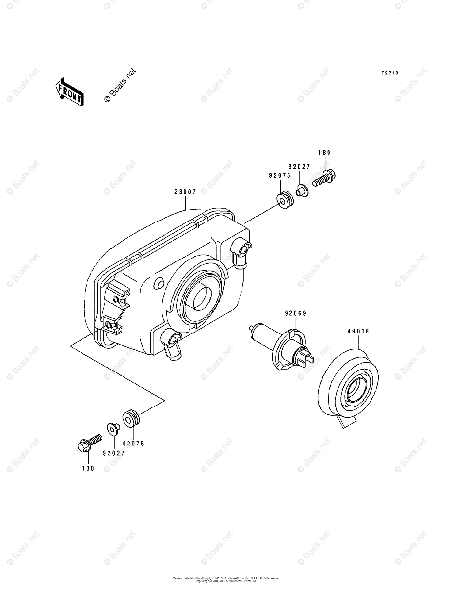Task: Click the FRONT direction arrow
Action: pyautogui.click(x=69, y=92)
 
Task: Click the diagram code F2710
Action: pyautogui.click(x=389, y=73)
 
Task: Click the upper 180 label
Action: pyautogui.click(x=324, y=153)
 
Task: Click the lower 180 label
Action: pyautogui.click(x=88, y=468)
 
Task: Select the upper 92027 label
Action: pyautogui.click(x=300, y=167)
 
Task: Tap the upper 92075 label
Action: pyautogui.click(x=279, y=175)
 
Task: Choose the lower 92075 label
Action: pyautogui.click(x=133, y=444)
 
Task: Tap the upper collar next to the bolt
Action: pyautogui.click(x=302, y=190)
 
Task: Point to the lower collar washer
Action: pyautogui.click(x=112, y=429)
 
